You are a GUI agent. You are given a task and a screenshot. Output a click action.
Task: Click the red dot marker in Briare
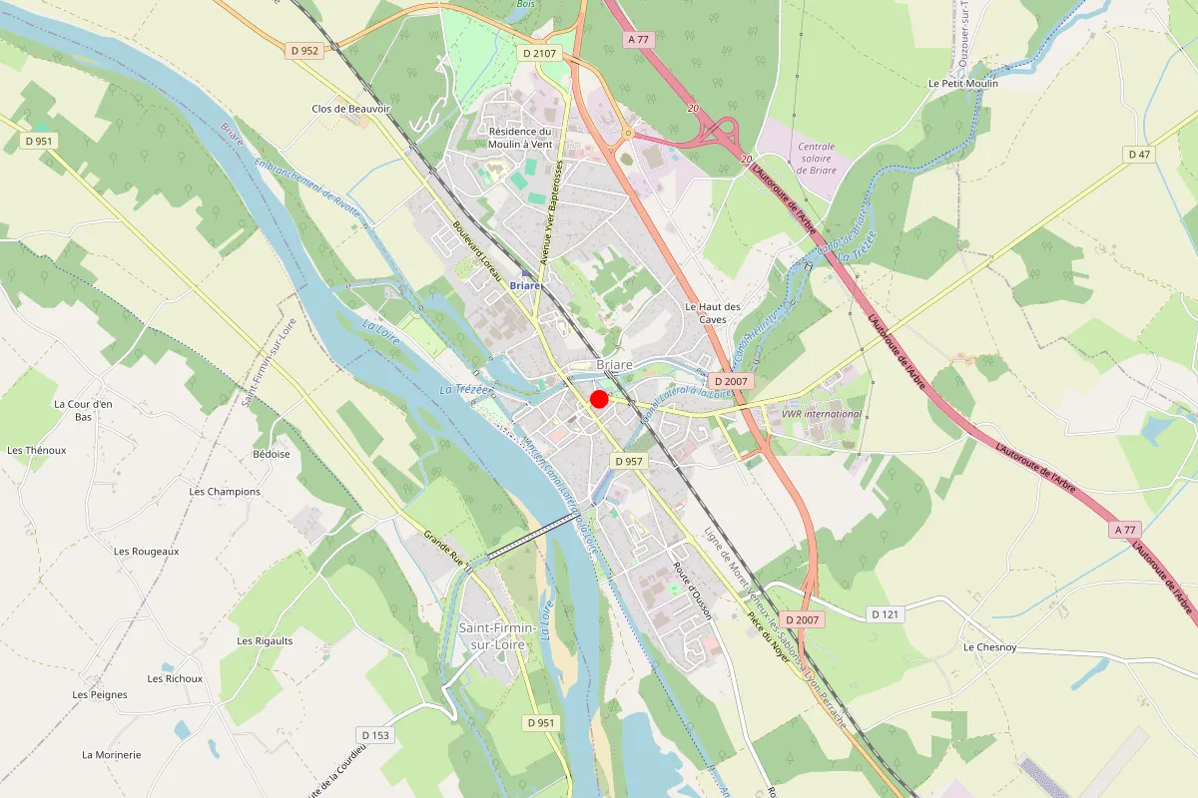(x=599, y=399)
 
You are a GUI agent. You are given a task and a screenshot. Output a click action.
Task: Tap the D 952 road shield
(x=303, y=50)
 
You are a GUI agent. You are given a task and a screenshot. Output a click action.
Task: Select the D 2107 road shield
(x=540, y=54)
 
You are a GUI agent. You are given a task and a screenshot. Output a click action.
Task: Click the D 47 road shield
(x=1139, y=154)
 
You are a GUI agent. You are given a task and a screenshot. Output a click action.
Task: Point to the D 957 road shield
(x=630, y=461)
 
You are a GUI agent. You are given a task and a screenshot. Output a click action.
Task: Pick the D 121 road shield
(x=885, y=614)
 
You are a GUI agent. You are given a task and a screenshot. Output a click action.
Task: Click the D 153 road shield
(x=376, y=735)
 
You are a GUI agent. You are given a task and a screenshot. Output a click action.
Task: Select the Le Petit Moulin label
(x=962, y=84)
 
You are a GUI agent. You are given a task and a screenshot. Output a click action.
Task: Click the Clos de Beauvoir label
(x=350, y=109)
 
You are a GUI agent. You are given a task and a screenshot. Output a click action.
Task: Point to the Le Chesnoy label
(x=989, y=647)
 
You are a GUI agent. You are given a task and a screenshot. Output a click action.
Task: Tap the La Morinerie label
(x=112, y=755)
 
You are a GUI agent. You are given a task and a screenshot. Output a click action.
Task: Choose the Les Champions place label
(x=225, y=492)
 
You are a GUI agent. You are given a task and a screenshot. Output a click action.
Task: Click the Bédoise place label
(x=272, y=454)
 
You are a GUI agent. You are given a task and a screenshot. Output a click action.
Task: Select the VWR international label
(x=822, y=414)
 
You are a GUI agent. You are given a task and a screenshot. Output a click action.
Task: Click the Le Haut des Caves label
(x=713, y=313)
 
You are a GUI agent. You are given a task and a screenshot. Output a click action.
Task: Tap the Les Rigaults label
(x=265, y=640)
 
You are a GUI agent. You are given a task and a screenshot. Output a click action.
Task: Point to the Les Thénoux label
(x=36, y=450)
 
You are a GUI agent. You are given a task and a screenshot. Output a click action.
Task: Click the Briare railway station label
(x=525, y=285)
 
